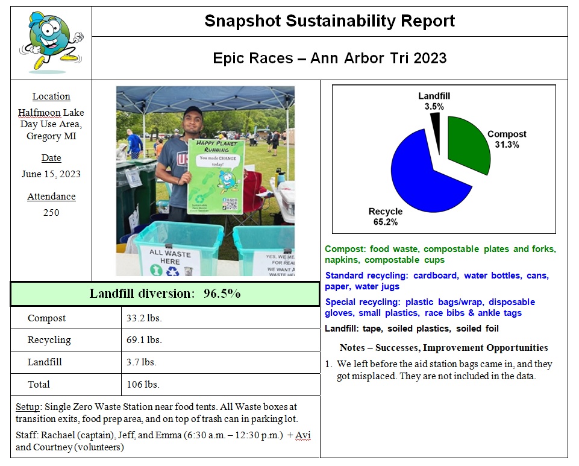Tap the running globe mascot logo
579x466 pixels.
pyautogui.click(x=51, y=41)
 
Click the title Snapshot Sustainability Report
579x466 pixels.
pyautogui.click(x=330, y=21)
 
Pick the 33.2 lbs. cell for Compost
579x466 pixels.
pyautogui.click(x=144, y=318)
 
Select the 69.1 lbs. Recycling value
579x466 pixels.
pyautogui.click(x=144, y=340)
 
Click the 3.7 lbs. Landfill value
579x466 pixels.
pyautogui.click(x=142, y=362)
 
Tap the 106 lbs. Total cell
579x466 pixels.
pyautogui.click(x=143, y=385)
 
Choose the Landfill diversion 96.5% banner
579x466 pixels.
pyautogui.click(x=165, y=294)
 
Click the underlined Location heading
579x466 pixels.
pyautogui.click(x=51, y=96)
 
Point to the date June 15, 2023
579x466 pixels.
pyautogui.click(x=51, y=174)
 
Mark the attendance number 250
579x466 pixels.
pyautogui.click(x=51, y=212)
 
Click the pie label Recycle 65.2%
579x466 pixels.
pyautogui.click(x=386, y=216)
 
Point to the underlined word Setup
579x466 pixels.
pyautogui.click(x=27, y=407)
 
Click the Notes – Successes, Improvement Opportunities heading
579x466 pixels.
pyautogui.click(x=443, y=348)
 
